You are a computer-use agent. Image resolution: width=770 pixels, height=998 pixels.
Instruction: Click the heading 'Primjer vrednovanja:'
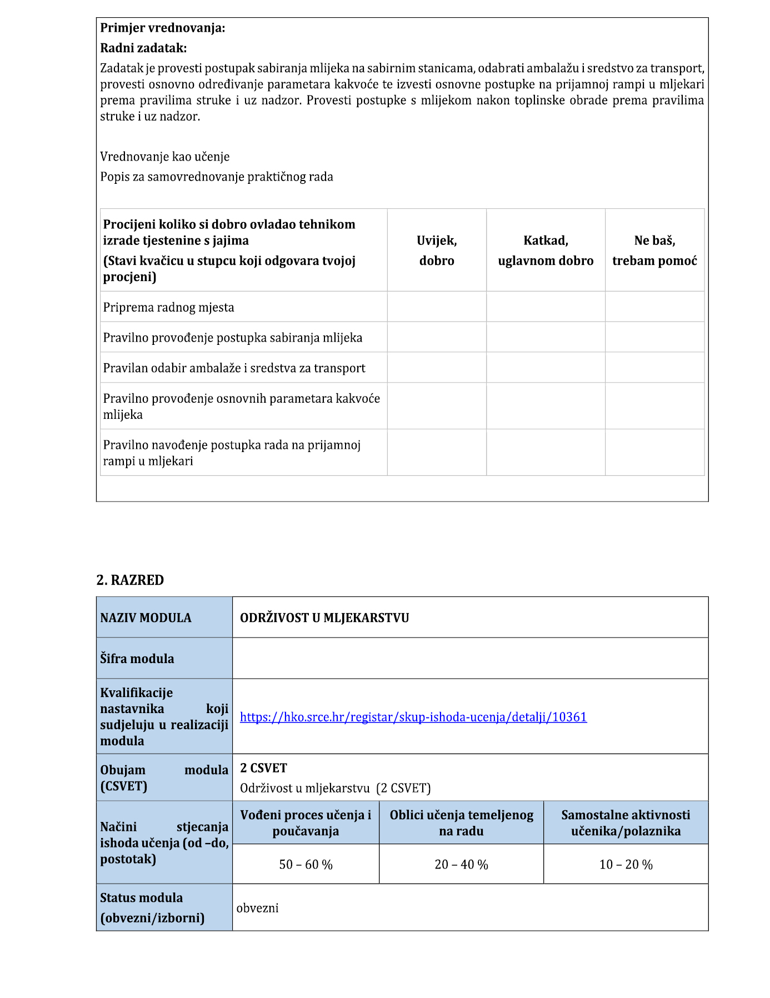[162, 28]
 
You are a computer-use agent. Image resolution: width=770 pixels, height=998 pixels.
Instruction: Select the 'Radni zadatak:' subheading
[143, 48]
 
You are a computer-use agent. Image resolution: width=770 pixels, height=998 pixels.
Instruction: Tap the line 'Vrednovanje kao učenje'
[164, 157]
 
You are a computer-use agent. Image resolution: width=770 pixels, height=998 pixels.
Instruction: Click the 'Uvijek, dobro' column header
[437, 250]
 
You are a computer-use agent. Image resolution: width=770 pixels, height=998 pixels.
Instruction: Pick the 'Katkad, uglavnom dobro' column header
[546, 250]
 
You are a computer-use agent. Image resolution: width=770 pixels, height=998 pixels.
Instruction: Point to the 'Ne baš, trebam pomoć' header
[654, 250]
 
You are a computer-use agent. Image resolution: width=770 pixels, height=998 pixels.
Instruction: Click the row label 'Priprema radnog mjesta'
[168, 307]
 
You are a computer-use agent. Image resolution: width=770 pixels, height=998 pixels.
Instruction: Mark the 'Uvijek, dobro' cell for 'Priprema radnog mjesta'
[437, 307]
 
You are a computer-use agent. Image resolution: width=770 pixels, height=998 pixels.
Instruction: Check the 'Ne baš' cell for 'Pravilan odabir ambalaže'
[654, 368]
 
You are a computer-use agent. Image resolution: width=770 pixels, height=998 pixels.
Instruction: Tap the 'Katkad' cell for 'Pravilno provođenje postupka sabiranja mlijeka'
[546, 337]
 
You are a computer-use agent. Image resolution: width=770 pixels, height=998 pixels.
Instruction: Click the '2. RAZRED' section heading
[130, 580]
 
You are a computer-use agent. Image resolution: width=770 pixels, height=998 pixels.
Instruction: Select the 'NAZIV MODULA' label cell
[146, 618]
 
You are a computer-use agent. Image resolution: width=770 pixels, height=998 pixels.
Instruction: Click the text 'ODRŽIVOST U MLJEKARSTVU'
[324, 618]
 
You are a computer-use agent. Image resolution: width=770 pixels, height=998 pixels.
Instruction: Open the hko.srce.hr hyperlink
[413, 717]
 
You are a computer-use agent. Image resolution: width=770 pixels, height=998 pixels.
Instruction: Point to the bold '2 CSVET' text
[263, 768]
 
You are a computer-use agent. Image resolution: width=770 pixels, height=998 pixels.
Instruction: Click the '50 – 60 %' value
[306, 865]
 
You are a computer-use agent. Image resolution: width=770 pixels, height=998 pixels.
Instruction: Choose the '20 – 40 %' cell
[461, 865]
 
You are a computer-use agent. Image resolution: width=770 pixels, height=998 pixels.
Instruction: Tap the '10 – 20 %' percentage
[626, 865]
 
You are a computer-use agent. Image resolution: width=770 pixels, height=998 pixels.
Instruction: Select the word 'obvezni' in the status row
[257, 908]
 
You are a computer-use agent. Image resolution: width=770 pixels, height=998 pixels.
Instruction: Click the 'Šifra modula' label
[137, 659]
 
